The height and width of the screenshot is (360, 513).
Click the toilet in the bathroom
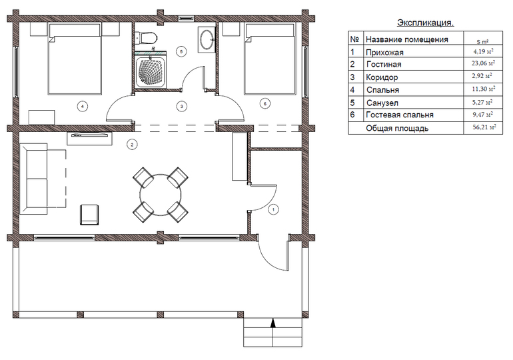tap(147, 37)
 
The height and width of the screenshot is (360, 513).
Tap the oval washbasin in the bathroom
tap(207, 39)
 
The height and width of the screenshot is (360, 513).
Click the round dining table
tap(161, 195)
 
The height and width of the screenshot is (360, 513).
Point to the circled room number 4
tap(83, 106)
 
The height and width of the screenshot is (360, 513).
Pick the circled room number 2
tap(132, 144)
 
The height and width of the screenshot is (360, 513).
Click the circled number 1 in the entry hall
tap(273, 209)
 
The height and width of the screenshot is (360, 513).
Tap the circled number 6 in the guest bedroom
tap(264, 104)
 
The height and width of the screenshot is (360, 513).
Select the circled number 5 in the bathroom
tap(181, 51)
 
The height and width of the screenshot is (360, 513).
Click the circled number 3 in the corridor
tap(182, 106)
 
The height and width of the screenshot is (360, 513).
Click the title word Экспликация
tap(425, 23)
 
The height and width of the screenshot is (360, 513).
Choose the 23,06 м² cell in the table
tap(483, 63)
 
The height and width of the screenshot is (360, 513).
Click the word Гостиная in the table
tap(384, 65)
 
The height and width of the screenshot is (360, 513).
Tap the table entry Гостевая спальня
tap(400, 115)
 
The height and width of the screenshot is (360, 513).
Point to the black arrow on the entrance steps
tap(274, 323)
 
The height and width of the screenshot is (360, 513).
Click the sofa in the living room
tap(34, 179)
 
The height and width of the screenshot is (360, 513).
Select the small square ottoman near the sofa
tap(89, 215)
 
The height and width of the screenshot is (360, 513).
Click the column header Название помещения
tap(406, 39)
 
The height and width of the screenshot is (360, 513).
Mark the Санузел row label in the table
tap(382, 103)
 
